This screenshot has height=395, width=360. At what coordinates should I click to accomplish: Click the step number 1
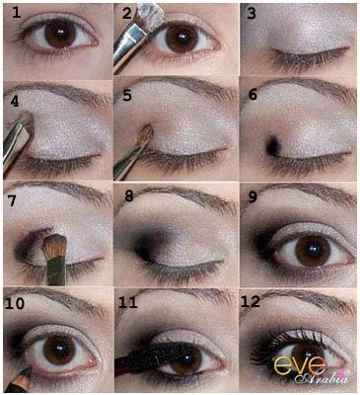coord(17,12)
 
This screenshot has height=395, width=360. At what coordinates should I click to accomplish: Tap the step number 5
coord(126,95)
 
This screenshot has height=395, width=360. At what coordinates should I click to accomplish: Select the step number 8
coord(129,197)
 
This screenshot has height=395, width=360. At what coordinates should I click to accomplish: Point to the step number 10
coord(15,303)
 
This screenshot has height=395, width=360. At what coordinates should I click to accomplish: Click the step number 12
coord(251,301)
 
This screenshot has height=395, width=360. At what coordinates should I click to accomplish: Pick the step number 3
coord(252,14)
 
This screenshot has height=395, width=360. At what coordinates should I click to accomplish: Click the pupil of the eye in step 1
coord(60,34)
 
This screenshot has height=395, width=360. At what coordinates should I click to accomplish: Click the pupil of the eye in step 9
coord(313,249)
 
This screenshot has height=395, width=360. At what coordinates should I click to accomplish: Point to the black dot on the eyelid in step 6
coord(273,146)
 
